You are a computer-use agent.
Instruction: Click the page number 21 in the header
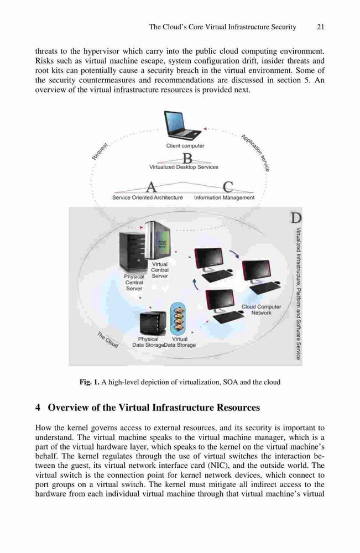pos(320,27)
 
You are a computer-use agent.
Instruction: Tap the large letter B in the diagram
pos(187,158)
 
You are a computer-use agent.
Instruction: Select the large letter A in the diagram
pos(151,186)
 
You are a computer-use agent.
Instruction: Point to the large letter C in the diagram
pos(228,186)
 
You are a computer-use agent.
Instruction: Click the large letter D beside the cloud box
pos(295,218)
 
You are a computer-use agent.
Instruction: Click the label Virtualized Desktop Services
pos(184,167)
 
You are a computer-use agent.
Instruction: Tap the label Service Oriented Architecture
pos(148,198)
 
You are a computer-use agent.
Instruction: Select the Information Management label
pos(224,198)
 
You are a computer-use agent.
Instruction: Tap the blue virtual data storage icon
pos(179,319)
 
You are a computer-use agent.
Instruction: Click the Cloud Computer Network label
pos(261,310)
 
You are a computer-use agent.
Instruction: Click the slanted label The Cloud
pos(108,340)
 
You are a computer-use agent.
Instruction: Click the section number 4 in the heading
pos(38,408)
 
